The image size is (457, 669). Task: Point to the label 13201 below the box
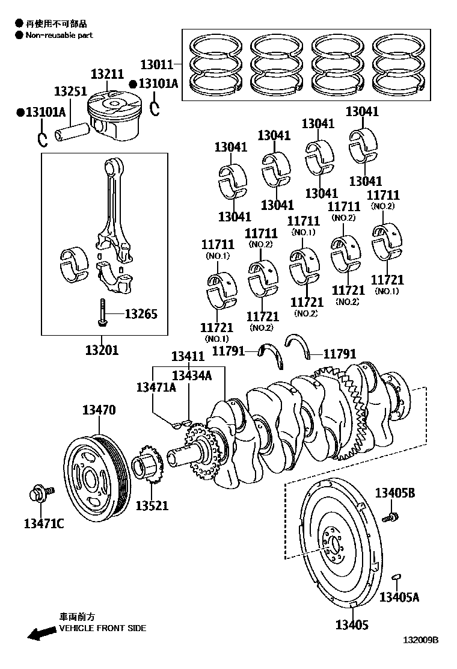point(102,350)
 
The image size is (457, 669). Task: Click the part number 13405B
point(395,493)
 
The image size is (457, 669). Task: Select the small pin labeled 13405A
point(396,578)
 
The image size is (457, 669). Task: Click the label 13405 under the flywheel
point(352,625)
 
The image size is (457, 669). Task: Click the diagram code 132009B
point(420,656)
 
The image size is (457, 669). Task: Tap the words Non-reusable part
point(59,35)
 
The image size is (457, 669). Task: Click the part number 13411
point(188,357)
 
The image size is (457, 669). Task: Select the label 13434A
point(192,375)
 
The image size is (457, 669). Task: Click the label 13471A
point(156,387)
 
